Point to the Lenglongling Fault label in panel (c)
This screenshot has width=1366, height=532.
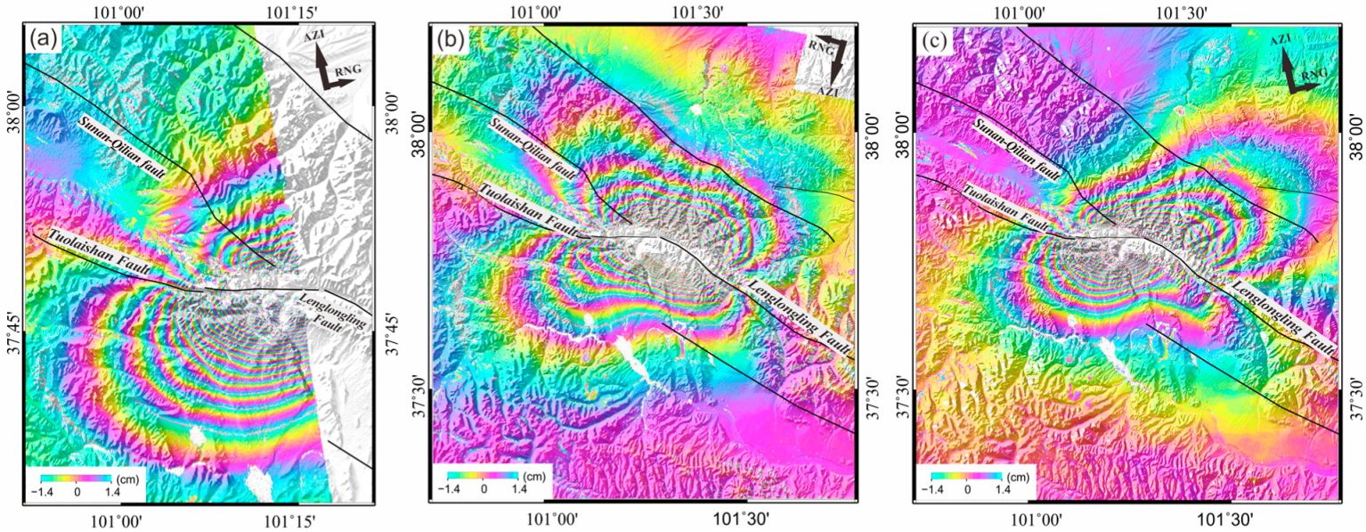pyautogui.click(x=1283, y=315)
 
